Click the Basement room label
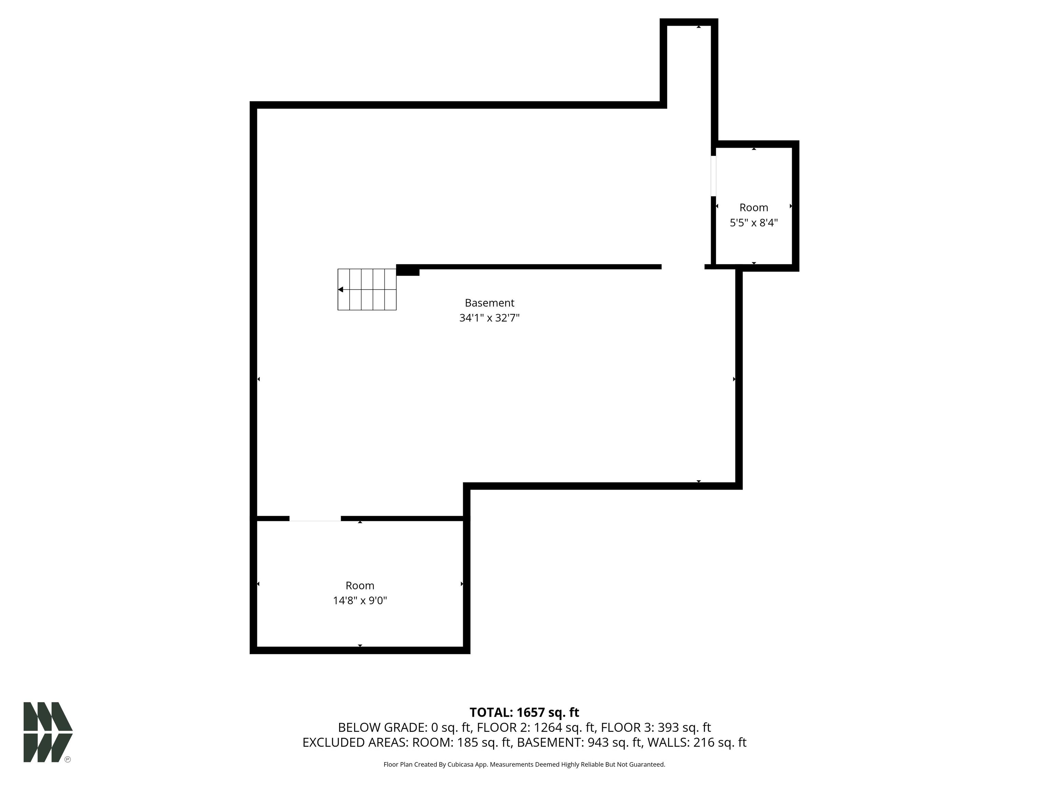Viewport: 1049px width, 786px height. click(x=489, y=303)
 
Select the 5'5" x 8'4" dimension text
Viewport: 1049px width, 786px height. click(x=754, y=223)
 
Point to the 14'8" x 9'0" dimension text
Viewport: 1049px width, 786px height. click(x=360, y=601)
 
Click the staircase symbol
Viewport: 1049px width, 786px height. click(x=367, y=290)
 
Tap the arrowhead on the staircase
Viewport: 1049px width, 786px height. click(x=340, y=290)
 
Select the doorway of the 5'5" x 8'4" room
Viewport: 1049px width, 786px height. click(x=713, y=176)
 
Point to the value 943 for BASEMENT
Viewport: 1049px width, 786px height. click(x=599, y=742)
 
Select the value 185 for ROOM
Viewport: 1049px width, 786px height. click(x=467, y=742)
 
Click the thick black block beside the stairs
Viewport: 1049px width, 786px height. click(x=408, y=270)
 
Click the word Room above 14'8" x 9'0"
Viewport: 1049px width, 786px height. click(x=360, y=586)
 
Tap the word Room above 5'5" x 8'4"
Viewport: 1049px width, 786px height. click(x=754, y=207)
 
